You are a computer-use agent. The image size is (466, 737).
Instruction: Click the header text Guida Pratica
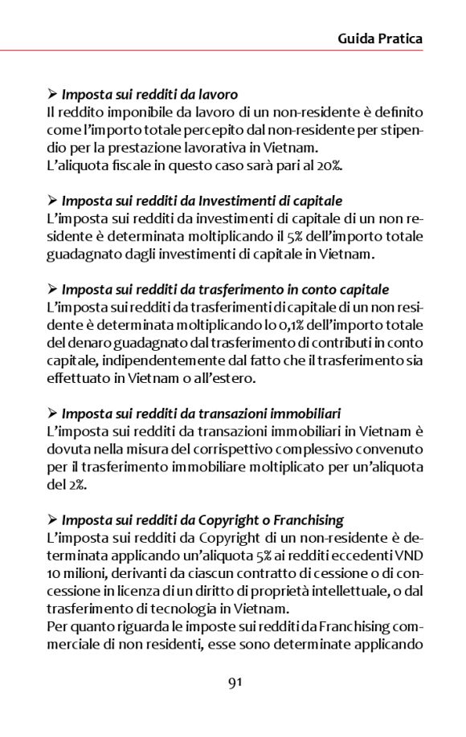[x=379, y=38]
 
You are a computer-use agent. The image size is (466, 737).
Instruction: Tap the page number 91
[x=235, y=683]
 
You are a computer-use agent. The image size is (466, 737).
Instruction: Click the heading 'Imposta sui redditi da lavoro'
[x=149, y=95]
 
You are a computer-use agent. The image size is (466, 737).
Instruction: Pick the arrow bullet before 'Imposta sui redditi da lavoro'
[x=52, y=95]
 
